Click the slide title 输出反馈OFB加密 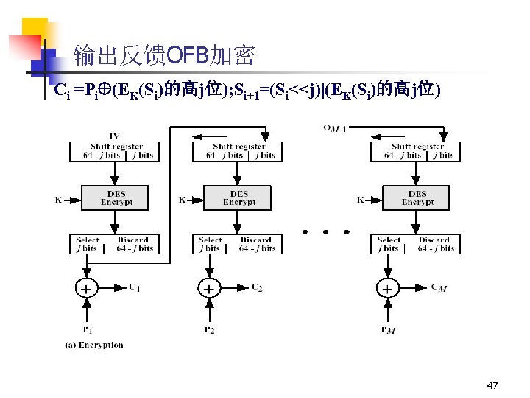[x=163, y=55]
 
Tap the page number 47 [x=492, y=385]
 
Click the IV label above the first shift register [x=113, y=136]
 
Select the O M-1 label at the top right [x=334, y=128]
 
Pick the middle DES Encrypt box [x=239, y=198]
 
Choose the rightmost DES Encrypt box [x=417, y=198]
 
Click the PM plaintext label [x=388, y=330]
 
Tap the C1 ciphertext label [x=134, y=287]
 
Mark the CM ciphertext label [x=438, y=288]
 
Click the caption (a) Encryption [x=93, y=344]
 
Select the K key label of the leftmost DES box [x=58, y=199]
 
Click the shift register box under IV [x=113, y=151]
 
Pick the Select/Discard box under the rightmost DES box [x=417, y=244]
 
